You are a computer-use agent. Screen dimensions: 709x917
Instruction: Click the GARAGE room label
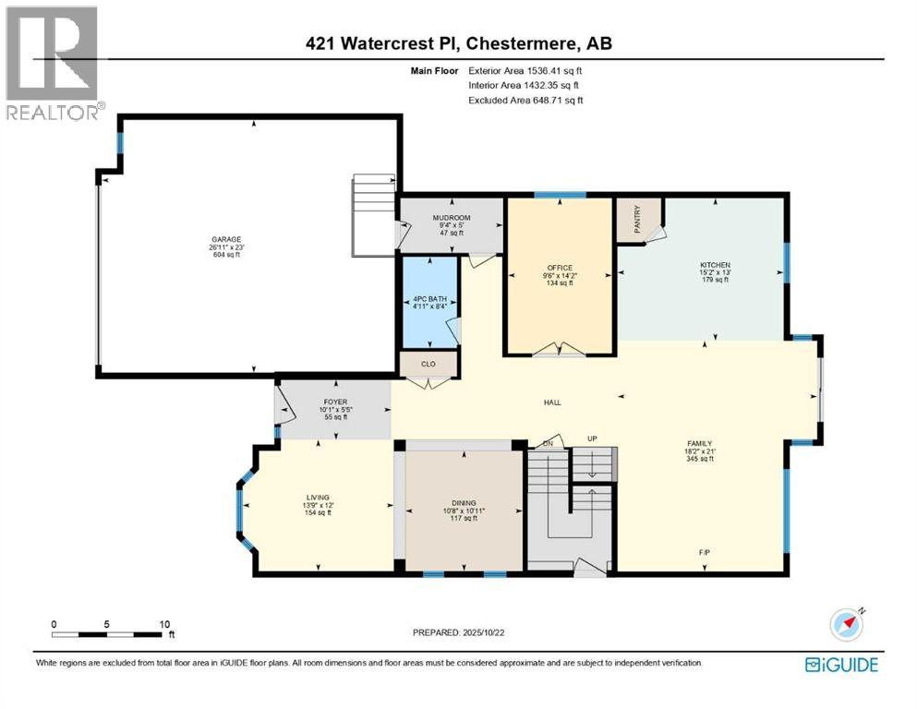pos(225,239)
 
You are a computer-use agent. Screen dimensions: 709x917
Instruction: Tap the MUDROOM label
pos(452,219)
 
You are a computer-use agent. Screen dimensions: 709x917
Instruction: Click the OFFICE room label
pos(559,269)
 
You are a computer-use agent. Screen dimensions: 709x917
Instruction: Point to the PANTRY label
pos(638,219)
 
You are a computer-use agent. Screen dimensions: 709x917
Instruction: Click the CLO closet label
pos(428,365)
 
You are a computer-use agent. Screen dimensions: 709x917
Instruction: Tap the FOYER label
pos(334,403)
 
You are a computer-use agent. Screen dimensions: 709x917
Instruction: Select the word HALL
pos(552,403)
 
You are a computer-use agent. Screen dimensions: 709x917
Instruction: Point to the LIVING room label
pos(318,498)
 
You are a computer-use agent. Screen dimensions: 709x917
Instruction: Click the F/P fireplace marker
pos(705,552)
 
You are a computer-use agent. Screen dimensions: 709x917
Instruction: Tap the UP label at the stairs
pos(596,439)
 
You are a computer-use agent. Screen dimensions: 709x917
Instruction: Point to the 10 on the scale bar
pos(165,624)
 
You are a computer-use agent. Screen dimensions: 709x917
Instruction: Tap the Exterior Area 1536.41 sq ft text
pos(525,69)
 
